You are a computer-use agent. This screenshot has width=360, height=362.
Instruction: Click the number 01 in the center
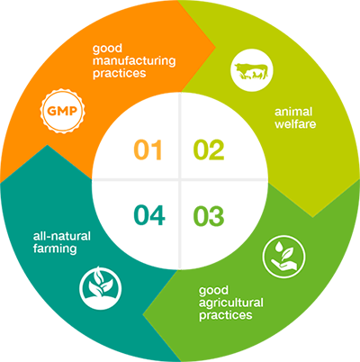pyautogui.click(x=148, y=149)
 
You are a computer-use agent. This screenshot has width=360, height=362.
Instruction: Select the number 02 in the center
pyautogui.click(x=209, y=149)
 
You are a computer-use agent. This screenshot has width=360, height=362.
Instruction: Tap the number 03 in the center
pyautogui.click(x=209, y=216)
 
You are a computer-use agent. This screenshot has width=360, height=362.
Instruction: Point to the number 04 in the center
pyautogui.click(x=149, y=215)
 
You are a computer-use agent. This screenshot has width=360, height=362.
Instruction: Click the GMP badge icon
pyautogui.click(x=63, y=111)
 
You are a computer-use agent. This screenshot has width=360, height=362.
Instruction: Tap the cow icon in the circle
pyautogui.click(x=252, y=70)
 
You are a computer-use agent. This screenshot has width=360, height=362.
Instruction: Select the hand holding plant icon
pyautogui.click(x=283, y=257)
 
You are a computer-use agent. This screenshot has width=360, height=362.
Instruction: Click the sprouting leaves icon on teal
pyautogui.click(x=101, y=288)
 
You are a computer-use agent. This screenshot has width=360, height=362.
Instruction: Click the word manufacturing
pyautogui.click(x=134, y=61)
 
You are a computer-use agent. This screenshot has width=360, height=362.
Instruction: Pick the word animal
pyautogui.click(x=293, y=112)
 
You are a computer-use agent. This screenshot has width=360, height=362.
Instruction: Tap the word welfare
pyautogui.click(x=295, y=123)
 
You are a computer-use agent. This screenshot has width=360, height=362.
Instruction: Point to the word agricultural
pyautogui.click(x=231, y=303)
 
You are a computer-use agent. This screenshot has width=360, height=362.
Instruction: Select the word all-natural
pyautogui.click(x=62, y=236)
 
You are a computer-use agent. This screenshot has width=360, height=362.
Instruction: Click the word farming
pyautogui.click(x=55, y=249)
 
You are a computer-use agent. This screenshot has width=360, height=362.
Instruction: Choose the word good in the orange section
pyautogui.click(x=107, y=49)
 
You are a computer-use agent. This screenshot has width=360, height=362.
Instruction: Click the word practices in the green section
pyautogui.click(x=225, y=315)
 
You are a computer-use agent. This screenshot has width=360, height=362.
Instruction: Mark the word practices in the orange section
pyautogui.click(x=120, y=74)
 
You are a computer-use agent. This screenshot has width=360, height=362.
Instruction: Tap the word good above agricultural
pyautogui.click(x=213, y=291)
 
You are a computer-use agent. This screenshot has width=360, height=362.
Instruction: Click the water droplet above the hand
pyautogui.click(x=280, y=247)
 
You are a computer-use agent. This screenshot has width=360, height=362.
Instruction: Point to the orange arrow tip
pyautogui.click(x=215, y=47)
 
